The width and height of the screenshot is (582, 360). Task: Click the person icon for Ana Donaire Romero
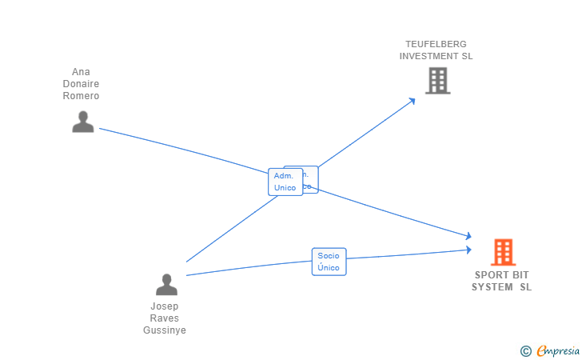coord(82,122)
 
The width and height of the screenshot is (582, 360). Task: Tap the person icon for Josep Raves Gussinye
coord(166,284)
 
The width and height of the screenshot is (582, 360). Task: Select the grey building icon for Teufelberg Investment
coord(437,81)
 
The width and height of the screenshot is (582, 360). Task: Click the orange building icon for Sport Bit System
coord(503,252)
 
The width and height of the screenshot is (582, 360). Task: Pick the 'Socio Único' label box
coord(329,262)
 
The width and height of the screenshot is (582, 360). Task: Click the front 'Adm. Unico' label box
coord(285,182)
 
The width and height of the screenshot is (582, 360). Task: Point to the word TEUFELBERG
coord(436,44)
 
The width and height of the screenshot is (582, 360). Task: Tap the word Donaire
coord(81,84)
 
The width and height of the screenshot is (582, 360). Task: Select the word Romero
coord(81,96)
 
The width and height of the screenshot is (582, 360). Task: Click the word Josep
coord(165,306)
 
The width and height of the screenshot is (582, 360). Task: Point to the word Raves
coord(165,318)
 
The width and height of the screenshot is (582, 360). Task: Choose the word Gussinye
coord(165,330)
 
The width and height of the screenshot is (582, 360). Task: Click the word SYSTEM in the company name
coord(492,287)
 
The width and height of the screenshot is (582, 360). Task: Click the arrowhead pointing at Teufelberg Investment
coord(412,101)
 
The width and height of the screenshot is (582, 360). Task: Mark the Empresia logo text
coord(558,350)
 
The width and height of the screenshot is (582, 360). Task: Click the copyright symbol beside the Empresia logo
coord(526,350)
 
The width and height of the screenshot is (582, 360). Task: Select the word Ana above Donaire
coord(81,72)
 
